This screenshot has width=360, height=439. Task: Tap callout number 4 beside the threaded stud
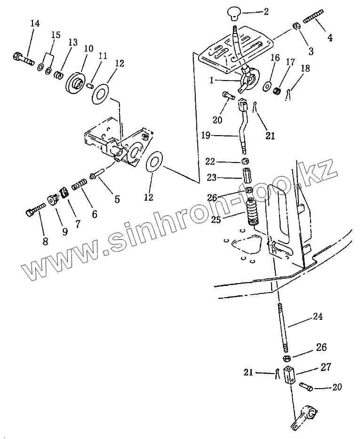pos(330,38)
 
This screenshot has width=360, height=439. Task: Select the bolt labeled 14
pos(21,59)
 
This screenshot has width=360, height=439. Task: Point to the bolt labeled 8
pos(34,210)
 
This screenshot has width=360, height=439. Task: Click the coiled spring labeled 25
pos(254,212)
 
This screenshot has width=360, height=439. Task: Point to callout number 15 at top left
pos(56,35)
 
